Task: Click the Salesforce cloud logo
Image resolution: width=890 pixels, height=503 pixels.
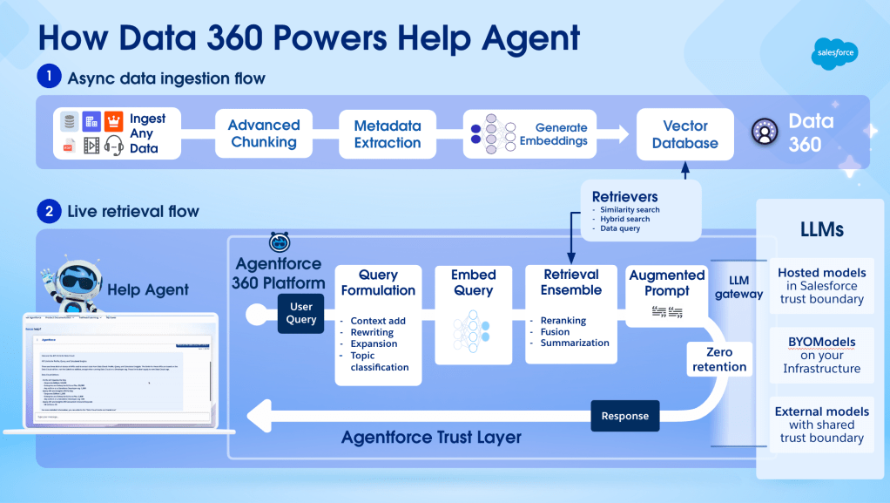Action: [834, 54]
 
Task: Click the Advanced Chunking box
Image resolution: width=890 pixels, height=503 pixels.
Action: [264, 133]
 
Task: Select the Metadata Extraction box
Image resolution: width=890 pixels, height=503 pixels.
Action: [388, 133]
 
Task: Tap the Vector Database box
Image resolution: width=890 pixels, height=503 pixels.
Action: [685, 134]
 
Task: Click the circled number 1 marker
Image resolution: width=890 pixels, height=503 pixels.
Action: [49, 78]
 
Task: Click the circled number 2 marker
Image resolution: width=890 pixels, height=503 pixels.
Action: [49, 211]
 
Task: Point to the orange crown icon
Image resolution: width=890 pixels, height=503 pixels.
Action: [113, 121]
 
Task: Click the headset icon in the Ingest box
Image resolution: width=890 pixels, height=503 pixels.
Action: [113, 146]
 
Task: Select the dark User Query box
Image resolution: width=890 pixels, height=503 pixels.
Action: [301, 312]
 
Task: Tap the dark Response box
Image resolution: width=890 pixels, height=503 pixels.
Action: [624, 415]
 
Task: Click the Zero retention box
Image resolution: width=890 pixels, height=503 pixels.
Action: [719, 359]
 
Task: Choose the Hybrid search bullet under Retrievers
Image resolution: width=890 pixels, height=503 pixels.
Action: [624, 219]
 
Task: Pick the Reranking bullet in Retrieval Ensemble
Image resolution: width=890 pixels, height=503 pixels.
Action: [563, 320]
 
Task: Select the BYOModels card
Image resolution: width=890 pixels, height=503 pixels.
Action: [821, 355]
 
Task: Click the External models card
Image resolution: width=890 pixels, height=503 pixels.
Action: [822, 424]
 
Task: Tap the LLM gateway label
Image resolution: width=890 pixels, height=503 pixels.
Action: [738, 288]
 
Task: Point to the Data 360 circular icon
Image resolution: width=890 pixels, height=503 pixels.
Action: [765, 133]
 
